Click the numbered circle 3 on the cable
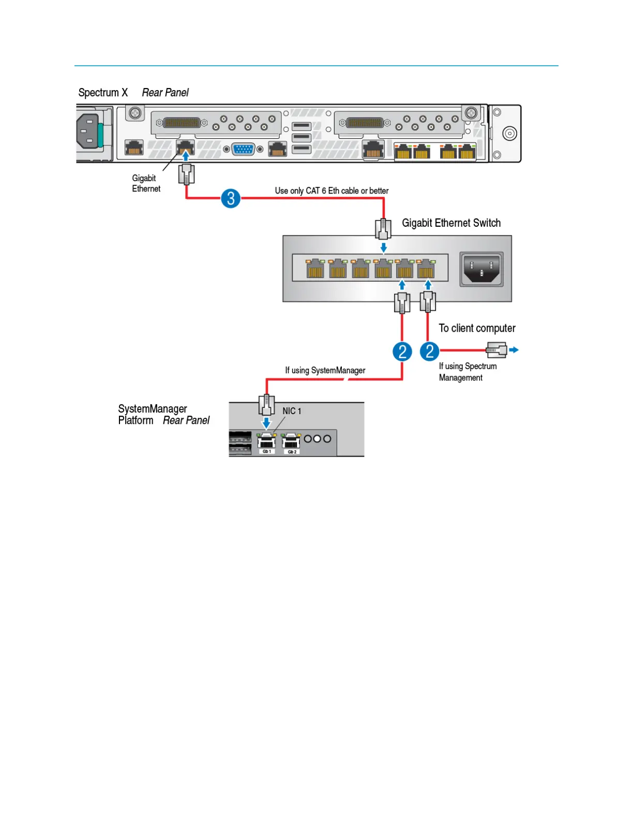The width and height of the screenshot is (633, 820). click(231, 198)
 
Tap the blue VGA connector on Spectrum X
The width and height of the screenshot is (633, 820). click(243, 149)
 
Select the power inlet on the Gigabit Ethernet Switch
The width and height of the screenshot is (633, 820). click(481, 269)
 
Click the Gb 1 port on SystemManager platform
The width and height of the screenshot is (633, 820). click(266, 442)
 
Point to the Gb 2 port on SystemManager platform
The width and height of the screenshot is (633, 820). click(292, 442)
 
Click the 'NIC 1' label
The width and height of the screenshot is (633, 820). click(292, 411)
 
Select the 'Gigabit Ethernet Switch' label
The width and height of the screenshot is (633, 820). click(451, 223)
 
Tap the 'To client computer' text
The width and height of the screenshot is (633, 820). click(477, 328)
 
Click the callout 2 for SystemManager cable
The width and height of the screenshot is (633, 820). click(402, 352)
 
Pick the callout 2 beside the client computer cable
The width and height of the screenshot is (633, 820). click(429, 352)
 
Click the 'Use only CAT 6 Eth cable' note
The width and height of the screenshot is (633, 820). click(331, 191)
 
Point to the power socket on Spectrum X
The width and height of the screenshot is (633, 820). click(87, 132)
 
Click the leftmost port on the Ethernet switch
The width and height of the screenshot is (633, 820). click(315, 269)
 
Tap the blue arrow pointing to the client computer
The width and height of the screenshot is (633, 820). click(514, 350)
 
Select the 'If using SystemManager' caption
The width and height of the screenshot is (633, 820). click(325, 371)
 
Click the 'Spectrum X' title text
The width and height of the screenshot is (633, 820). click(103, 93)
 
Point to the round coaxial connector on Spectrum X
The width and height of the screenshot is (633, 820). click(509, 134)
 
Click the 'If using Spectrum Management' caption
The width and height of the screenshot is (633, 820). click(468, 372)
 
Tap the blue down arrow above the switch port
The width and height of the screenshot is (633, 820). click(383, 248)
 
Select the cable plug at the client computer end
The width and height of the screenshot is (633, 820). click(496, 350)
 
